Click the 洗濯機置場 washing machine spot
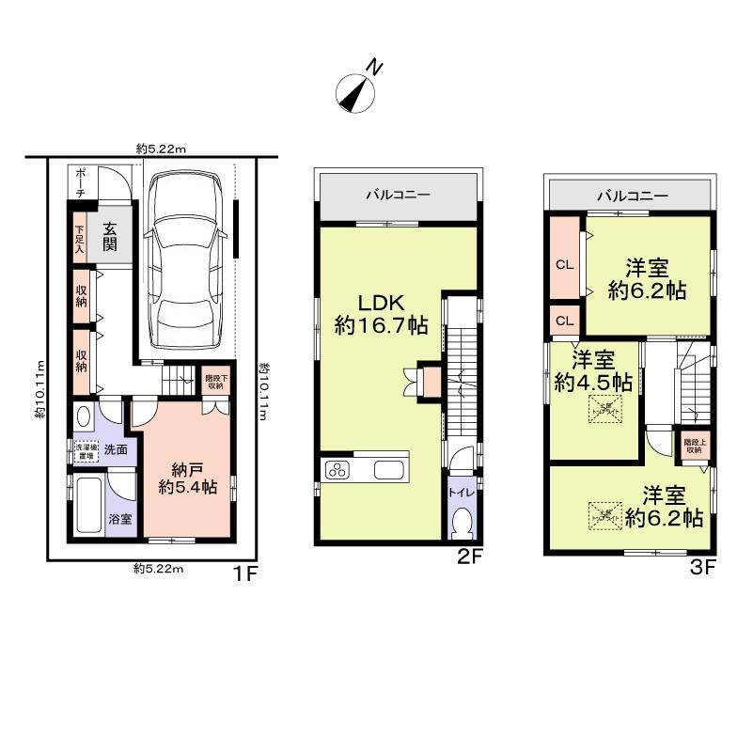pos(86,450)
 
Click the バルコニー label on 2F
pos(399,196)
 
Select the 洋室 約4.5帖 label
pos(592,371)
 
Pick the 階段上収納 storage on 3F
pos(693,447)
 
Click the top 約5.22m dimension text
pos(161,149)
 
